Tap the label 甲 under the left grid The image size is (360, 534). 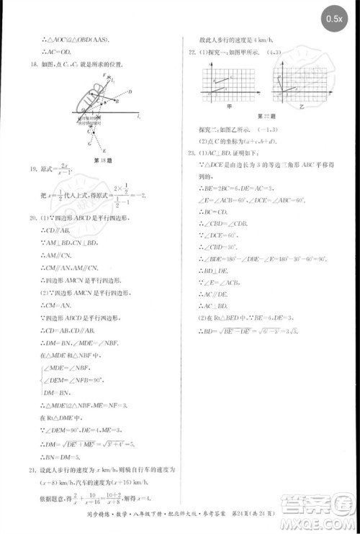click(x=229, y=105)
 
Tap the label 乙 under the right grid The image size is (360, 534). click(x=300, y=105)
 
